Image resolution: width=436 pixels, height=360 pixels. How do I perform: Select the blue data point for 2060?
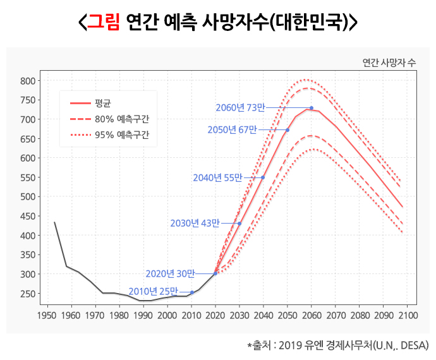(x=312, y=108)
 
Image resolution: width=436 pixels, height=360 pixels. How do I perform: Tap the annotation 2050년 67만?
(x=232, y=130)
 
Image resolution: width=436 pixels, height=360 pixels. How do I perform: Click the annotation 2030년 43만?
(x=195, y=224)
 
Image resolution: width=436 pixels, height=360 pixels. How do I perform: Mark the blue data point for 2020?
(x=215, y=273)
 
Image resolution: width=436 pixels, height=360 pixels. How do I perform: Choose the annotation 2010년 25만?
(x=153, y=291)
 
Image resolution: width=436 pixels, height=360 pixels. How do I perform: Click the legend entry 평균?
(x=103, y=102)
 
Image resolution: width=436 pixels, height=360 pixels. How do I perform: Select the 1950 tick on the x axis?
(x=47, y=315)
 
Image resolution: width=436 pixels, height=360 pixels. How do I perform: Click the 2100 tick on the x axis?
(x=408, y=315)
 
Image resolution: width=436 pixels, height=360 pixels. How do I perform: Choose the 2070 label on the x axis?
(x=336, y=315)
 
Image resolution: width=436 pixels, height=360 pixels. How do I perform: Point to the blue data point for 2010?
(x=191, y=292)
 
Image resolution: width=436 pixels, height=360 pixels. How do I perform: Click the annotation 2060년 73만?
(x=239, y=108)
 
